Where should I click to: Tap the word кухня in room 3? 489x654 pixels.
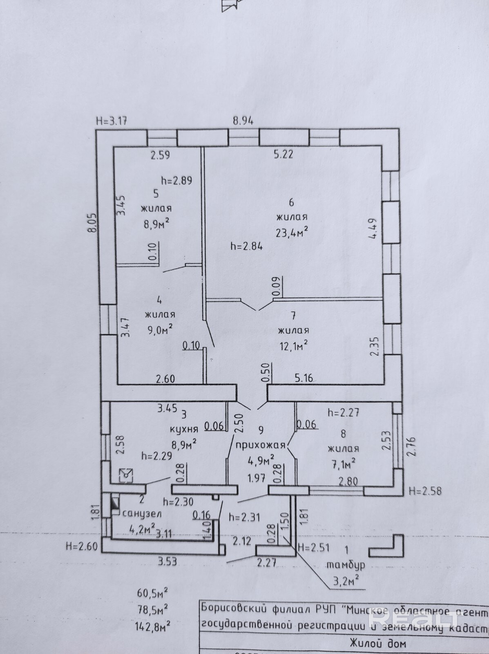184,429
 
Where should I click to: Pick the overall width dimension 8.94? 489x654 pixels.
243,121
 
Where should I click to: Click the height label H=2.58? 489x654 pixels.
425,491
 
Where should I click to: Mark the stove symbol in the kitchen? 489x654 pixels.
126,475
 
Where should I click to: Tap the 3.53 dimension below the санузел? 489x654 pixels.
167,561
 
